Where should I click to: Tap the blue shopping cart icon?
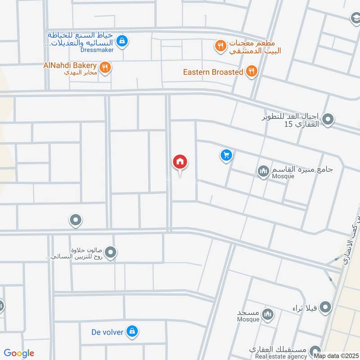click(226, 156)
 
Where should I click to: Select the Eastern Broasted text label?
click(213, 72)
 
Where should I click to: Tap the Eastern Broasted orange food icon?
click(252, 71)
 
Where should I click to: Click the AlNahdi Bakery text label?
click(70, 65)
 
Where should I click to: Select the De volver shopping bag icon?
click(132, 332)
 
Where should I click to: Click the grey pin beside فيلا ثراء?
click(326, 308)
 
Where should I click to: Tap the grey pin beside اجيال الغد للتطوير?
click(328, 120)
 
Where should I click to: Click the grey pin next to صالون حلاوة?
click(111, 252)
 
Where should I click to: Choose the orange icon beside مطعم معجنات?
click(220, 45)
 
